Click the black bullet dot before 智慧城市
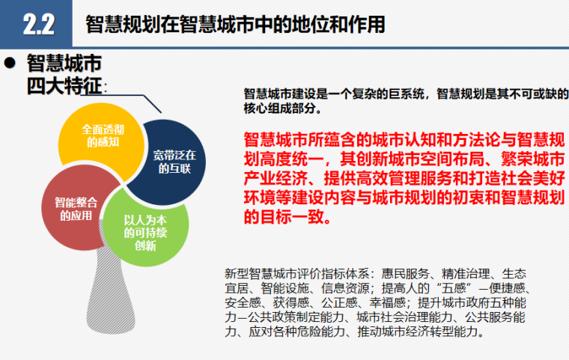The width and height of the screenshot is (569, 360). click(x=10, y=63)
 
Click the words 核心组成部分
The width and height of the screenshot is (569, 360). click(x=276, y=109)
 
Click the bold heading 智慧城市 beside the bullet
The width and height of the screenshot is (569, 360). click(x=64, y=63)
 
